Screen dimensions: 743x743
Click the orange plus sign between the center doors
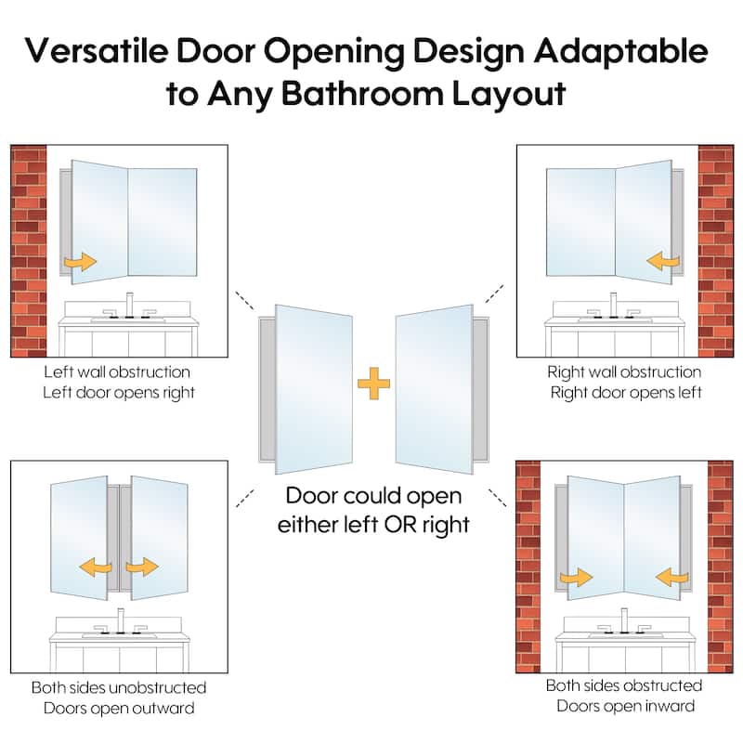pyautogui.click(x=374, y=384)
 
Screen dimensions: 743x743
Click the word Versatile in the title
pyautogui.click(x=97, y=51)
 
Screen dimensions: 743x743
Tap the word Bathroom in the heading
pyautogui.click(x=362, y=94)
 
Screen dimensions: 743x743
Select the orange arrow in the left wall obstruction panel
pyautogui.click(x=81, y=262)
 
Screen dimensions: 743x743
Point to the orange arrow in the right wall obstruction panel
pyautogui.click(x=663, y=261)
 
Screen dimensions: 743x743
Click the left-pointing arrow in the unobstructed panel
pyautogui.click(x=96, y=567)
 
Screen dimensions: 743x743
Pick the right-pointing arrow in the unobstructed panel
pyautogui.click(x=142, y=567)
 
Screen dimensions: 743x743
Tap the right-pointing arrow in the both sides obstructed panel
pyautogui.click(x=576, y=577)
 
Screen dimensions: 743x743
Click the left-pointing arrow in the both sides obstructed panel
pyautogui.click(x=671, y=577)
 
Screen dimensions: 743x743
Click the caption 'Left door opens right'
pyautogui.click(x=119, y=393)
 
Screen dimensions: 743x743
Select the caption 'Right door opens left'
pyautogui.click(x=626, y=393)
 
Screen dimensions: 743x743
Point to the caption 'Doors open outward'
pyautogui.click(x=119, y=709)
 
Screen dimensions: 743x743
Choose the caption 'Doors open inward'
pyautogui.click(x=625, y=706)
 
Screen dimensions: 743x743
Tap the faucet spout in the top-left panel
pyautogui.click(x=129, y=305)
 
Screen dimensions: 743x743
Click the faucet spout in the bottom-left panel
pyautogui.click(x=121, y=620)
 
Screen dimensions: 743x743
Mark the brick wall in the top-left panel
pyautogui.click(x=29, y=251)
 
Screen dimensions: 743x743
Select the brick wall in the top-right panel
pyautogui.click(x=715, y=251)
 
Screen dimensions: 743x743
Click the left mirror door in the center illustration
pyautogui.click(x=314, y=389)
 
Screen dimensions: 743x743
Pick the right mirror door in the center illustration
pyautogui.click(x=435, y=389)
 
